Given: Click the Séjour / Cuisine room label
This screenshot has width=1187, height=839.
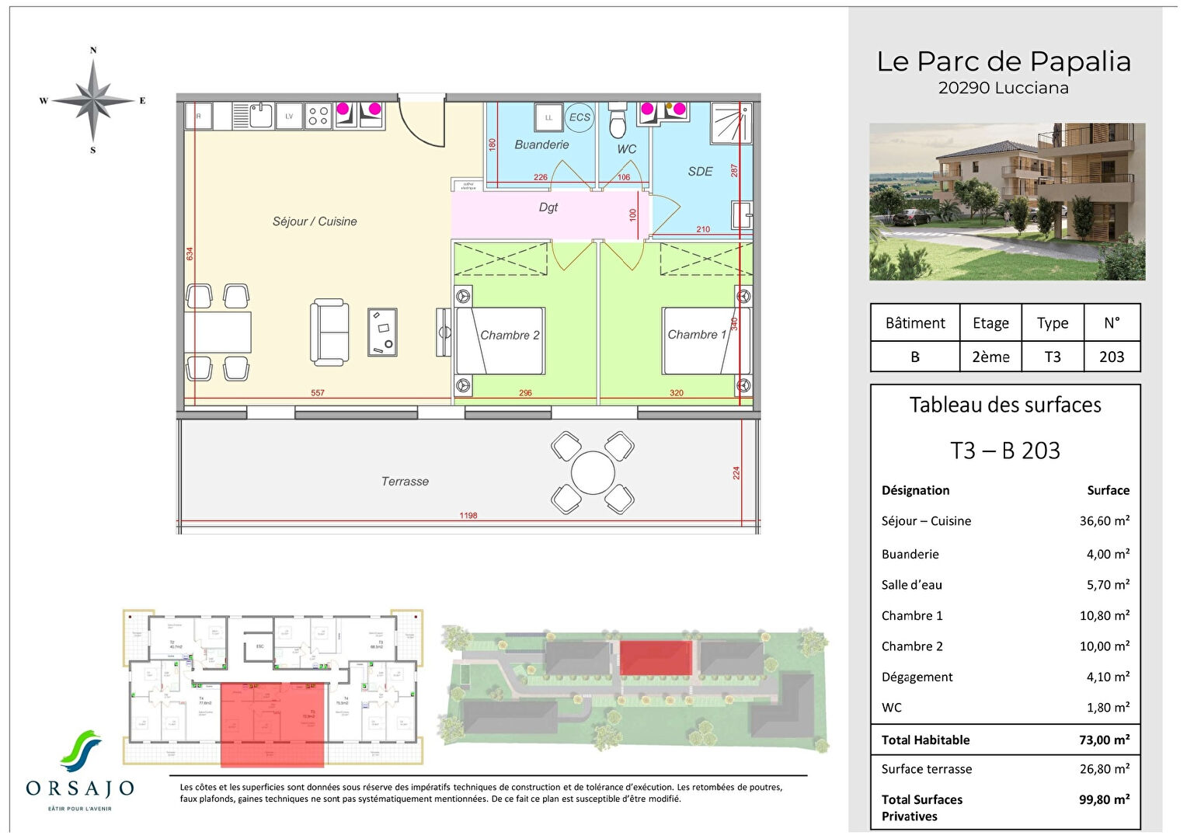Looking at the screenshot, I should (315, 221).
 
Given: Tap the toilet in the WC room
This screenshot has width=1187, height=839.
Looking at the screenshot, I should (618, 122).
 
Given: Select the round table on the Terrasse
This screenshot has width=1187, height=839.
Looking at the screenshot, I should (593, 472).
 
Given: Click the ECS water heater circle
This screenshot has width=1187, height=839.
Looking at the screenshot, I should (580, 117).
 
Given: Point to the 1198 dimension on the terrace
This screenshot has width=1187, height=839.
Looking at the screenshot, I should (468, 515).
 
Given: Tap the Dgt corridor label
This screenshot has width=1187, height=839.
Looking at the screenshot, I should (548, 207).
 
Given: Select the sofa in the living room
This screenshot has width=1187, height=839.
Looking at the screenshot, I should (329, 332).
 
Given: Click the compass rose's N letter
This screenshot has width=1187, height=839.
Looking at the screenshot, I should (93, 50).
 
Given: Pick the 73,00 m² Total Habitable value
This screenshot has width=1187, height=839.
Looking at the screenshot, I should (1104, 740).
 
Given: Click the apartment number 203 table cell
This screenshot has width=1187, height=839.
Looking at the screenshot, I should (1111, 357).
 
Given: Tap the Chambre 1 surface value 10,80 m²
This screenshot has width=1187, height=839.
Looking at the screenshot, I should (1104, 615).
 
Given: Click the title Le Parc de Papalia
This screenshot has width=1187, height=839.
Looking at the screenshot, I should (1004, 61).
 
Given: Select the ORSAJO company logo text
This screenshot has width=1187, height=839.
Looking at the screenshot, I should (80, 789).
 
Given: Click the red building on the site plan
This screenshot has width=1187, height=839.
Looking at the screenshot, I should (655, 658).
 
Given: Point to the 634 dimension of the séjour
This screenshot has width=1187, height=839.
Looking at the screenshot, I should (190, 253).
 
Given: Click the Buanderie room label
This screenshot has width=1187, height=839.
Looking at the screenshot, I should (541, 144).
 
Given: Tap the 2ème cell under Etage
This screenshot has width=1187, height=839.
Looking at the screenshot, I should (990, 357).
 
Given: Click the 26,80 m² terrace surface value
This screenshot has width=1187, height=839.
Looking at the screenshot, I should (1104, 768).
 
